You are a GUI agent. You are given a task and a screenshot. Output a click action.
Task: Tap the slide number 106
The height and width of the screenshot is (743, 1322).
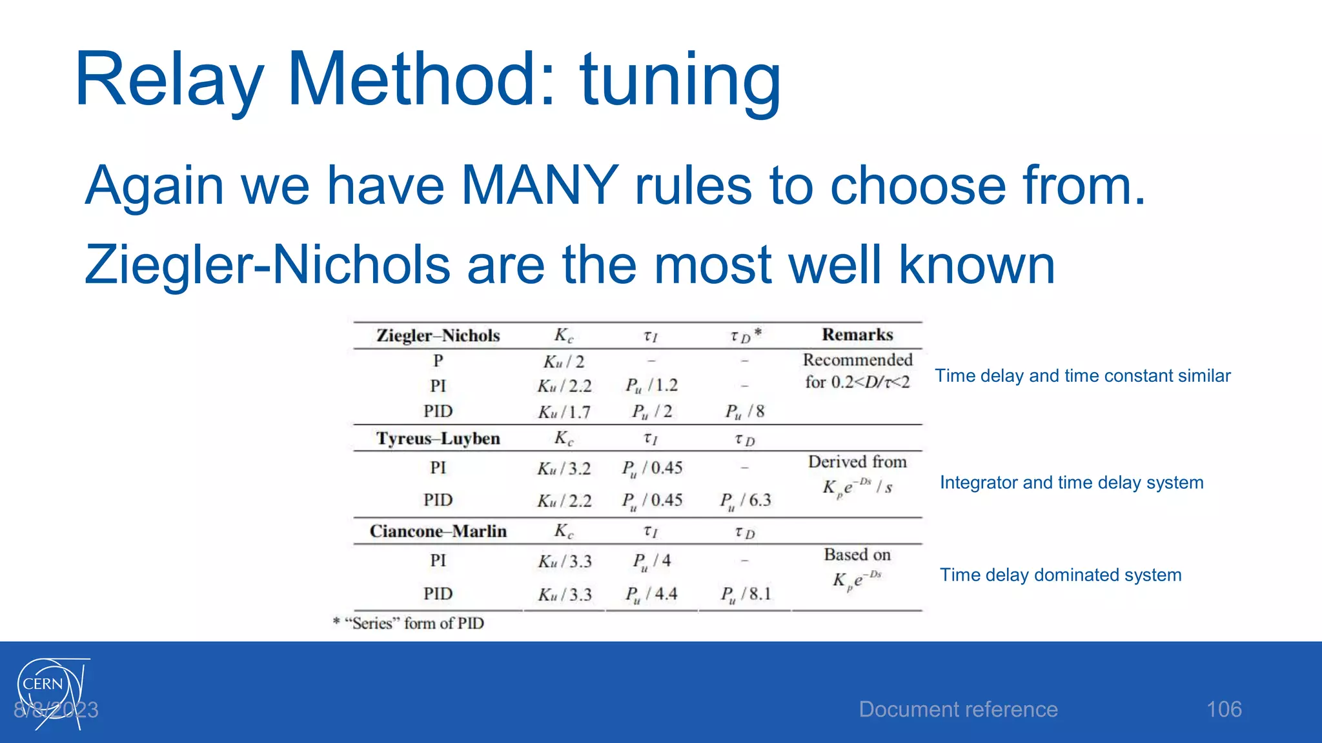pyautogui.click(x=1223, y=709)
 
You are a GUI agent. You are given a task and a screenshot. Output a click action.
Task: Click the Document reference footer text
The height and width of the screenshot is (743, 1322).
pyautogui.click(x=958, y=709)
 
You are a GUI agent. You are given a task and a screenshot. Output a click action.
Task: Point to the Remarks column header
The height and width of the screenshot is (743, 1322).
pyautogui.click(x=857, y=335)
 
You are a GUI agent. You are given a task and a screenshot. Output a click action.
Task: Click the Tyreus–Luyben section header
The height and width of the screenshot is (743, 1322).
pyautogui.click(x=438, y=439)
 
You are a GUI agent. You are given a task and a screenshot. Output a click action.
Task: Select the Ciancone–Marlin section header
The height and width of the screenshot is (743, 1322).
pyautogui.click(x=438, y=531)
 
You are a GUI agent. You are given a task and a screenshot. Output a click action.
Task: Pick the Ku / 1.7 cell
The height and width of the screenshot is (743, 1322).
pyautogui.click(x=564, y=411)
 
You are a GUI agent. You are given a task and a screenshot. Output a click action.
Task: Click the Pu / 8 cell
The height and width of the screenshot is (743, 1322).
pyautogui.click(x=744, y=411)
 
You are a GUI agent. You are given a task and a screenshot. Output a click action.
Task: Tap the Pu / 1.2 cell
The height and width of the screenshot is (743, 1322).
pyautogui.click(x=651, y=386)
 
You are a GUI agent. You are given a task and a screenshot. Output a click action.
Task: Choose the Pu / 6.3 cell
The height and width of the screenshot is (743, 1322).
pyautogui.click(x=745, y=500)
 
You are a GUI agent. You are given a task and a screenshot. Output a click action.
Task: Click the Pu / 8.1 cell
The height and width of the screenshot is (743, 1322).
pyautogui.click(x=745, y=594)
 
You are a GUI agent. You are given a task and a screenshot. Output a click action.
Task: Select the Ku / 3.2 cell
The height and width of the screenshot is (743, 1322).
pyautogui.click(x=564, y=468)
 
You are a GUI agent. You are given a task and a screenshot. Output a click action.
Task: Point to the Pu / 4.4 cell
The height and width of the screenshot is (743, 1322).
pyautogui.click(x=651, y=594)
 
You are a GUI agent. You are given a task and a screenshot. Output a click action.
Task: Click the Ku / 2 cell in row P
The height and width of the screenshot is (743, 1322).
pyautogui.click(x=564, y=361)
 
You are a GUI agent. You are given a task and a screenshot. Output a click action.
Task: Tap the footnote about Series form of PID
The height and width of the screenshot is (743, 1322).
pyautogui.click(x=409, y=623)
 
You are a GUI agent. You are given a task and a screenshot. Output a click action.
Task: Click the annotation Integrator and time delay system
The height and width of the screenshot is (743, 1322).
pyautogui.click(x=1072, y=482)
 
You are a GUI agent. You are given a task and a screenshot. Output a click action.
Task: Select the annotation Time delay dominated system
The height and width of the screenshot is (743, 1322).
pyautogui.click(x=1061, y=575)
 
